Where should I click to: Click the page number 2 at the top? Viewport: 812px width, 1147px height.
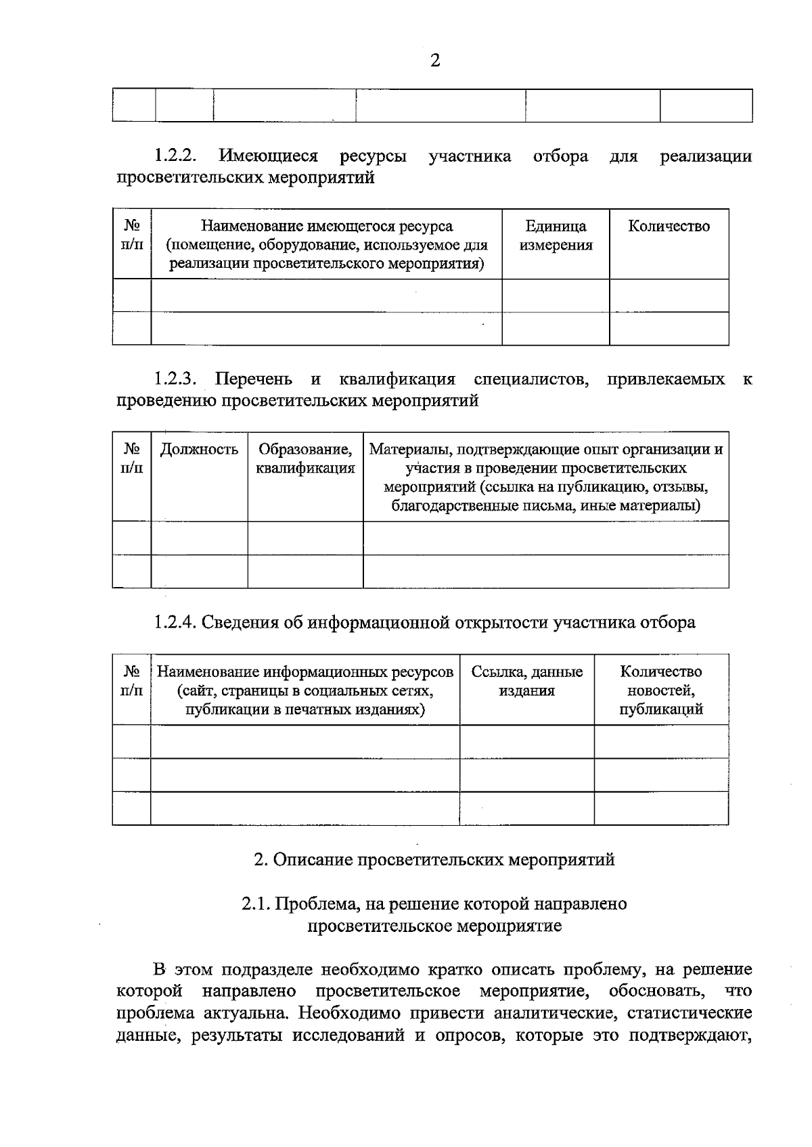tap(434, 61)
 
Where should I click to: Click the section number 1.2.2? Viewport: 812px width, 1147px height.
tap(175, 156)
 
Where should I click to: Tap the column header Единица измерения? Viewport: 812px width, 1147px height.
tap(556, 235)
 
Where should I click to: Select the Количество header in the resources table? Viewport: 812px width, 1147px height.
tap(669, 227)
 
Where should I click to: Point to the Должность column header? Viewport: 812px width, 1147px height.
tap(199, 450)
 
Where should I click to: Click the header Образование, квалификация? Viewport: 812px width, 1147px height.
tap(305, 459)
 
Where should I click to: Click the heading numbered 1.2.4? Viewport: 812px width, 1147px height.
tap(175, 622)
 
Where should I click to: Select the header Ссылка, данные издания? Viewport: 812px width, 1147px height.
tap(527, 681)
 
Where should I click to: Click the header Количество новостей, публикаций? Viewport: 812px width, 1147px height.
tap(661, 690)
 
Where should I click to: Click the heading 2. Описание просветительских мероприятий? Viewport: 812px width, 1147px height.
tap(434, 860)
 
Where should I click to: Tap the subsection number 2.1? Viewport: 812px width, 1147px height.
tap(256, 904)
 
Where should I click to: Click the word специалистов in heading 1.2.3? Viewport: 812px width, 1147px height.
tap(531, 379)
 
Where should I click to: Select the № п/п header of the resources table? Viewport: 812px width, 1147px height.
tap(132, 235)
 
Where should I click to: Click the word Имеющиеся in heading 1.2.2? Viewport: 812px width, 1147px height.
tap(269, 156)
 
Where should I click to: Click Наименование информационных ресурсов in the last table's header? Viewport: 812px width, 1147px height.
tap(305, 672)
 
